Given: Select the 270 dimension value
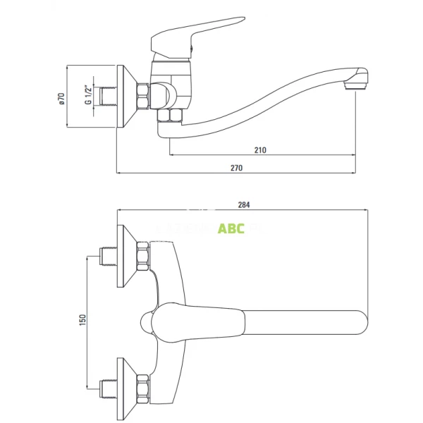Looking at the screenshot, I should pos(236,168).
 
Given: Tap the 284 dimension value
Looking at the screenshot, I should pos(244,205).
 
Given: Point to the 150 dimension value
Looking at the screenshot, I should pos(82,320).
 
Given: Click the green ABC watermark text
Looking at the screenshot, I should pos(231,228).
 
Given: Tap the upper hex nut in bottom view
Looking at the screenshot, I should pos(143,257).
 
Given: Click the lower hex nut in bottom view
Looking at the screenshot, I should pos(143,387).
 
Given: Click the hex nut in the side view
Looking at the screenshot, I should pos(144,97).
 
